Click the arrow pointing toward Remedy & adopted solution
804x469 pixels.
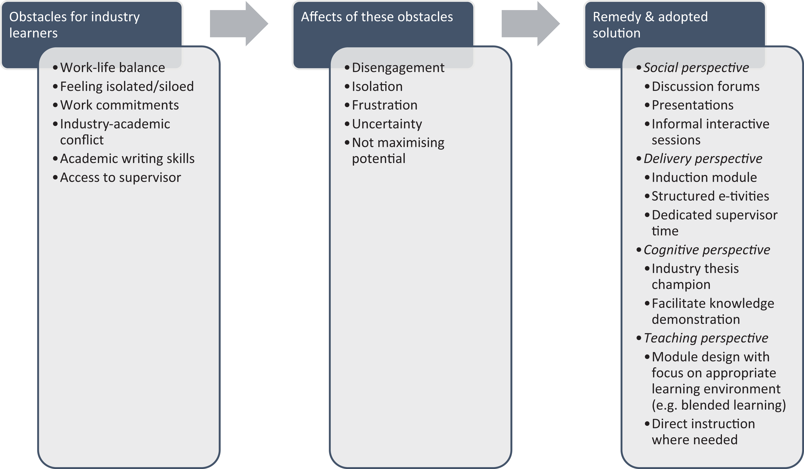[x=531, y=24]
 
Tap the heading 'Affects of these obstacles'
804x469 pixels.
[x=377, y=17]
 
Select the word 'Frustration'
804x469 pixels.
[x=384, y=105]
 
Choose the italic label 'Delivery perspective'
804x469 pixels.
[x=703, y=159]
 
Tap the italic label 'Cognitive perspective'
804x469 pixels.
[x=707, y=250]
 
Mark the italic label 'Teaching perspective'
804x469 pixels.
[x=706, y=338]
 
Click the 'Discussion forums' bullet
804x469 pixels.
[x=705, y=87]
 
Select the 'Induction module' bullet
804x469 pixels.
[x=704, y=177]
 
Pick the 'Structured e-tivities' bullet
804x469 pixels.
[x=710, y=196]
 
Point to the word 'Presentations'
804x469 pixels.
[x=692, y=105]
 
